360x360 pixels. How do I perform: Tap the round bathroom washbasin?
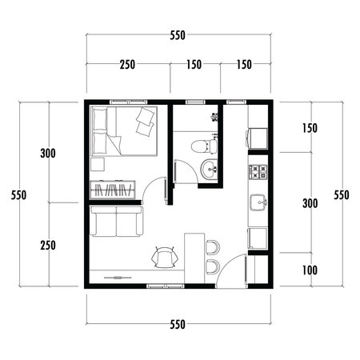click(x=210, y=168)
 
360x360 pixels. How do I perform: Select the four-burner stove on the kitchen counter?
click(x=258, y=170)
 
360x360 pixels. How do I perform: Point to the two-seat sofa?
click(x=117, y=222)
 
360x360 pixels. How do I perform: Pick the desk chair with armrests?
click(x=166, y=256)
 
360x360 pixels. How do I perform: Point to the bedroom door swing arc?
click(x=152, y=188)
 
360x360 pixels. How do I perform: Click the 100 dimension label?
click(x=310, y=270)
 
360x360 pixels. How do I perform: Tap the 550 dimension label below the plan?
click(x=178, y=324)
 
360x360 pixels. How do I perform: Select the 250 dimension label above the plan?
click(x=127, y=65)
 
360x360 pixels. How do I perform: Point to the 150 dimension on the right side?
click(x=310, y=129)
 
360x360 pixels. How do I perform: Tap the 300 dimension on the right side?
click(x=310, y=203)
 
